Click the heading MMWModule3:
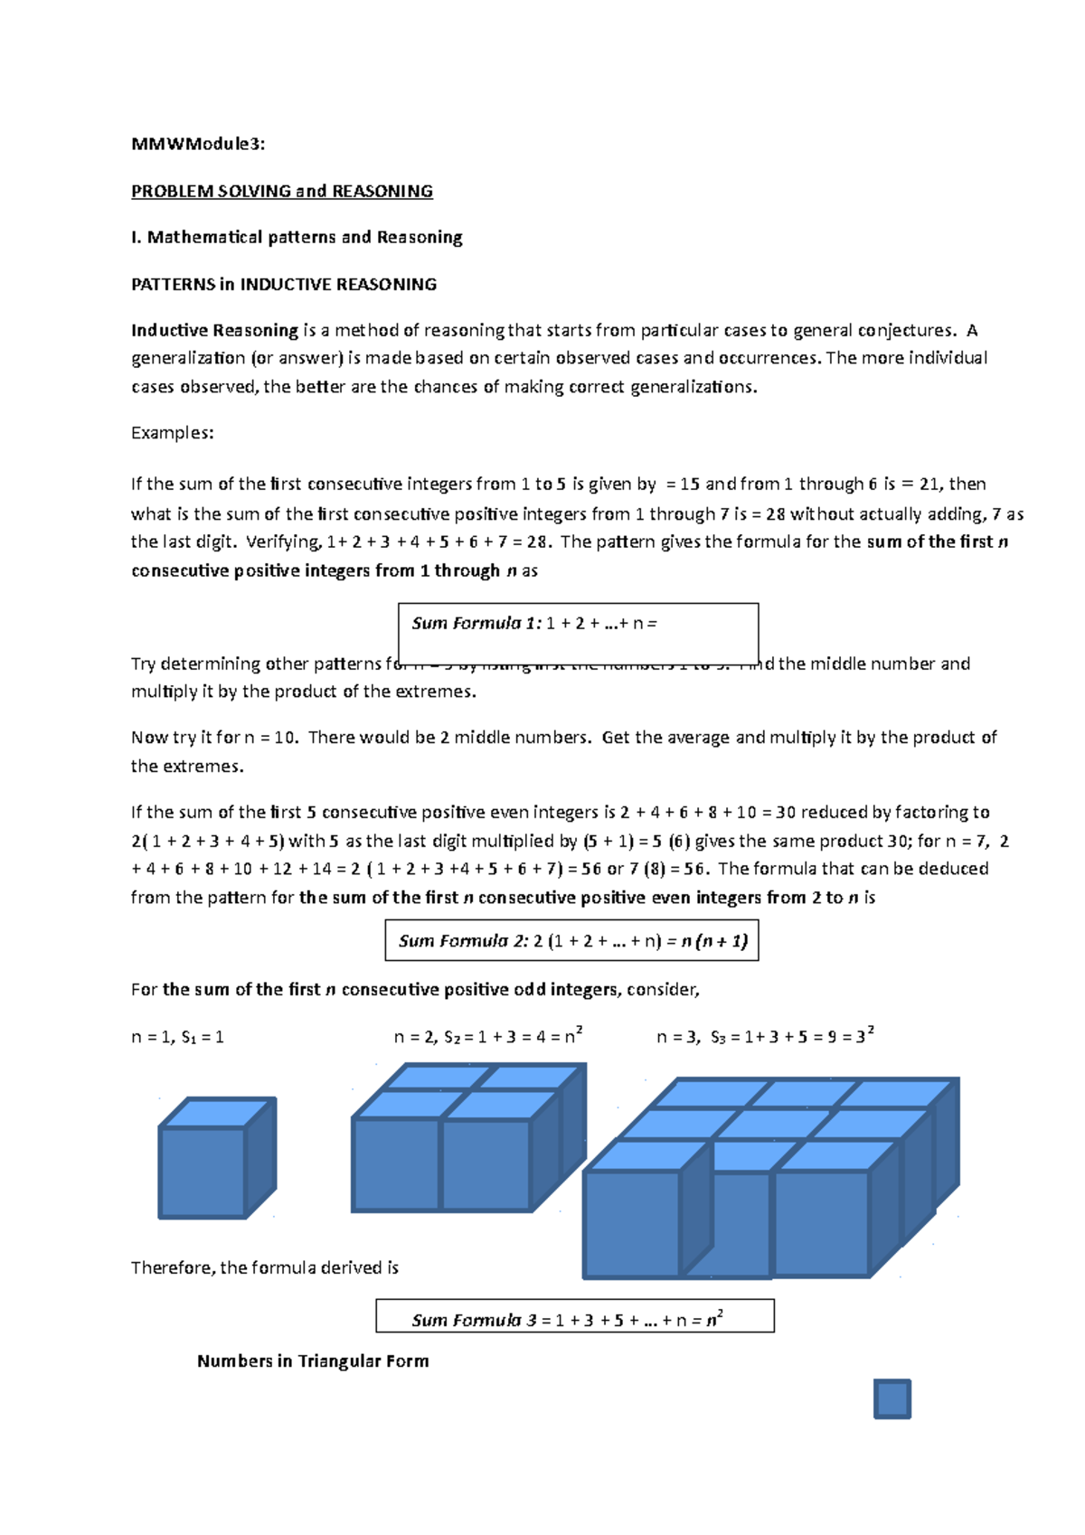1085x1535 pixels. [x=198, y=144]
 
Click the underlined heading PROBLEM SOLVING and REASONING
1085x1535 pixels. [x=282, y=191]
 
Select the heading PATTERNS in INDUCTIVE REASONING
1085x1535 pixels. [x=284, y=284]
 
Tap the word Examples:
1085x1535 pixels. [x=173, y=432]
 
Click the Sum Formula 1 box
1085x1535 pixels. [x=578, y=633]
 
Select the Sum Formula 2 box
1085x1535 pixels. [x=571, y=940]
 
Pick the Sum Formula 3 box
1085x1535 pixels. [x=575, y=1316]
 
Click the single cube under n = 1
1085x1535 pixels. [x=217, y=1159]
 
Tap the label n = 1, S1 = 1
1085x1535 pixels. [x=177, y=1037]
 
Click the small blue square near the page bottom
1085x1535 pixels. [x=892, y=1398]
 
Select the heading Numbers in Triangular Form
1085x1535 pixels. [x=313, y=1361]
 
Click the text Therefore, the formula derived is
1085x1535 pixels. [x=265, y=1267]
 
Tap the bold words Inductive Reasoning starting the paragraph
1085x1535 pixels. [x=214, y=330]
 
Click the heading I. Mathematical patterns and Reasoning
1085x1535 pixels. [x=297, y=237]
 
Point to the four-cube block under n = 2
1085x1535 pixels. [x=468, y=1139]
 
